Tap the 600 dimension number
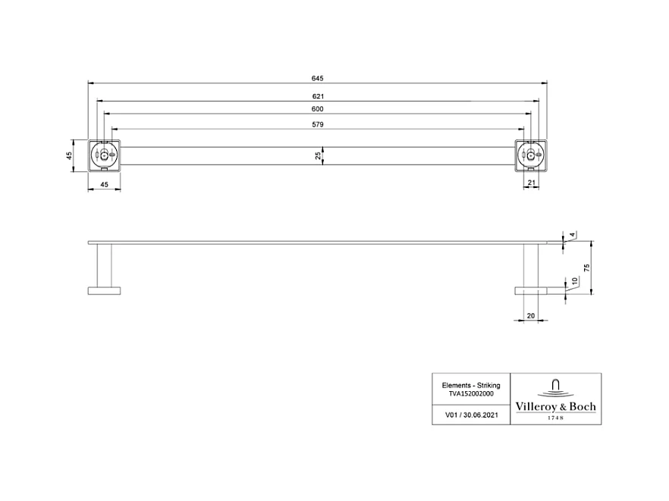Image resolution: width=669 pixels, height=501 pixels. tap(317, 110)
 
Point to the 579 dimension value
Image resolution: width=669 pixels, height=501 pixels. tap(317, 124)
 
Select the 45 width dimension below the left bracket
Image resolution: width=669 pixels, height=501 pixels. tap(104, 184)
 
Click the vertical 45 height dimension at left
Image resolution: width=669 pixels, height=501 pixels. tap(69, 155)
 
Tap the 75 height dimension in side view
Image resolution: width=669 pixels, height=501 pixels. tap(586, 268)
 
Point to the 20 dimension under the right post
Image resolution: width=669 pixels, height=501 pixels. tap(530, 315)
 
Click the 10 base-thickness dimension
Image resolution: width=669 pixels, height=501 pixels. tap(574, 280)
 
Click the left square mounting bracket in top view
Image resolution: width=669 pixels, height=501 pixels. tap(104, 155)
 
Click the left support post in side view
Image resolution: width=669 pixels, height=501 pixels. tap(104, 265)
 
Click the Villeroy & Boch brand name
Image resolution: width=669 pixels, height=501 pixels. tap(555, 407)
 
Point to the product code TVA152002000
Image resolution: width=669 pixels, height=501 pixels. tap(470, 394)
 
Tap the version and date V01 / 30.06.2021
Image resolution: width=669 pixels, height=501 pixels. tap(470, 415)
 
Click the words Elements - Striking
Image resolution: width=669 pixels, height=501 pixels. tap(470, 385)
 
